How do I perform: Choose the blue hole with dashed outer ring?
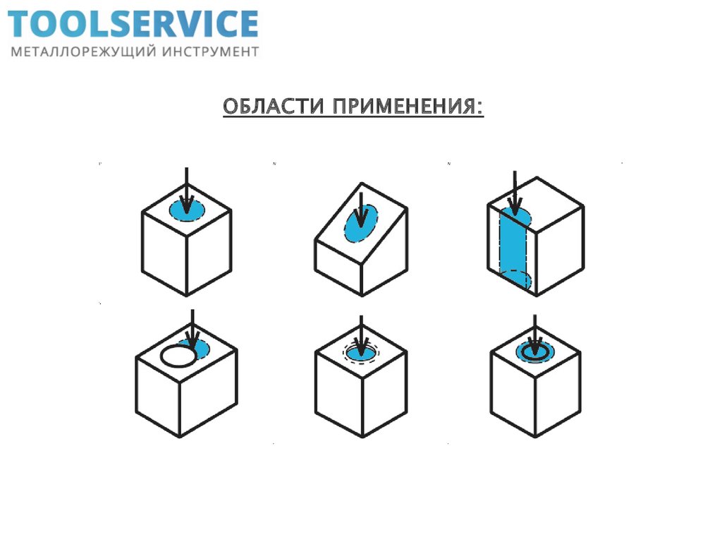coord(361,350)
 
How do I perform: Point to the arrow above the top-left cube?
coord(185,187)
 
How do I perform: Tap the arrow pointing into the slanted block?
coord(361,208)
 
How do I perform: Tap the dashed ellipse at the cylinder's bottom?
coord(515,279)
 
